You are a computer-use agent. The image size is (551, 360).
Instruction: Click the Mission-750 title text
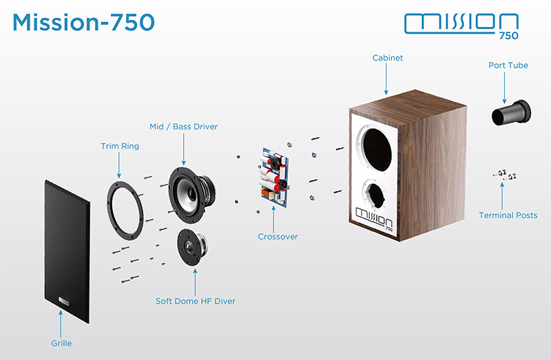click(x=83, y=22)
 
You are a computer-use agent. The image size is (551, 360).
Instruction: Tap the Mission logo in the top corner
click(x=461, y=26)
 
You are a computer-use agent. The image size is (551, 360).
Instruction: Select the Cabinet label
click(x=388, y=58)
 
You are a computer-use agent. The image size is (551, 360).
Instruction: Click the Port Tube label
click(x=508, y=65)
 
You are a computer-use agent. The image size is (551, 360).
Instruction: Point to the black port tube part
click(x=511, y=113)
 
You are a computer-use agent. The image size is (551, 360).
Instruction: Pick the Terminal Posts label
click(x=508, y=215)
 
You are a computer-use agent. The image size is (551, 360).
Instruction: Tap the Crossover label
click(x=278, y=237)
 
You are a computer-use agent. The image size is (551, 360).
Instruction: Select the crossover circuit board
click(x=275, y=178)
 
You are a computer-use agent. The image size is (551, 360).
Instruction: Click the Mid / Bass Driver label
click(x=183, y=127)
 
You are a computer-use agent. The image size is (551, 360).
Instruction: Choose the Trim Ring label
click(x=120, y=146)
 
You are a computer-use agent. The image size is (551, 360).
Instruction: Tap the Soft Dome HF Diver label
click(x=196, y=301)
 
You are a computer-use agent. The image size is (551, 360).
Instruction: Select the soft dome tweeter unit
click(x=192, y=247)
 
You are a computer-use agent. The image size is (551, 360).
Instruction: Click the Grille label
click(x=61, y=343)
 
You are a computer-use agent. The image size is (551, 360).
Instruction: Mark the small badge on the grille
click(x=64, y=301)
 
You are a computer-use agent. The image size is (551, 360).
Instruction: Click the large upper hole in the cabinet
click(x=377, y=149)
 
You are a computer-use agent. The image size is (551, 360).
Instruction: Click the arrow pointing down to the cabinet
click(x=386, y=79)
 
